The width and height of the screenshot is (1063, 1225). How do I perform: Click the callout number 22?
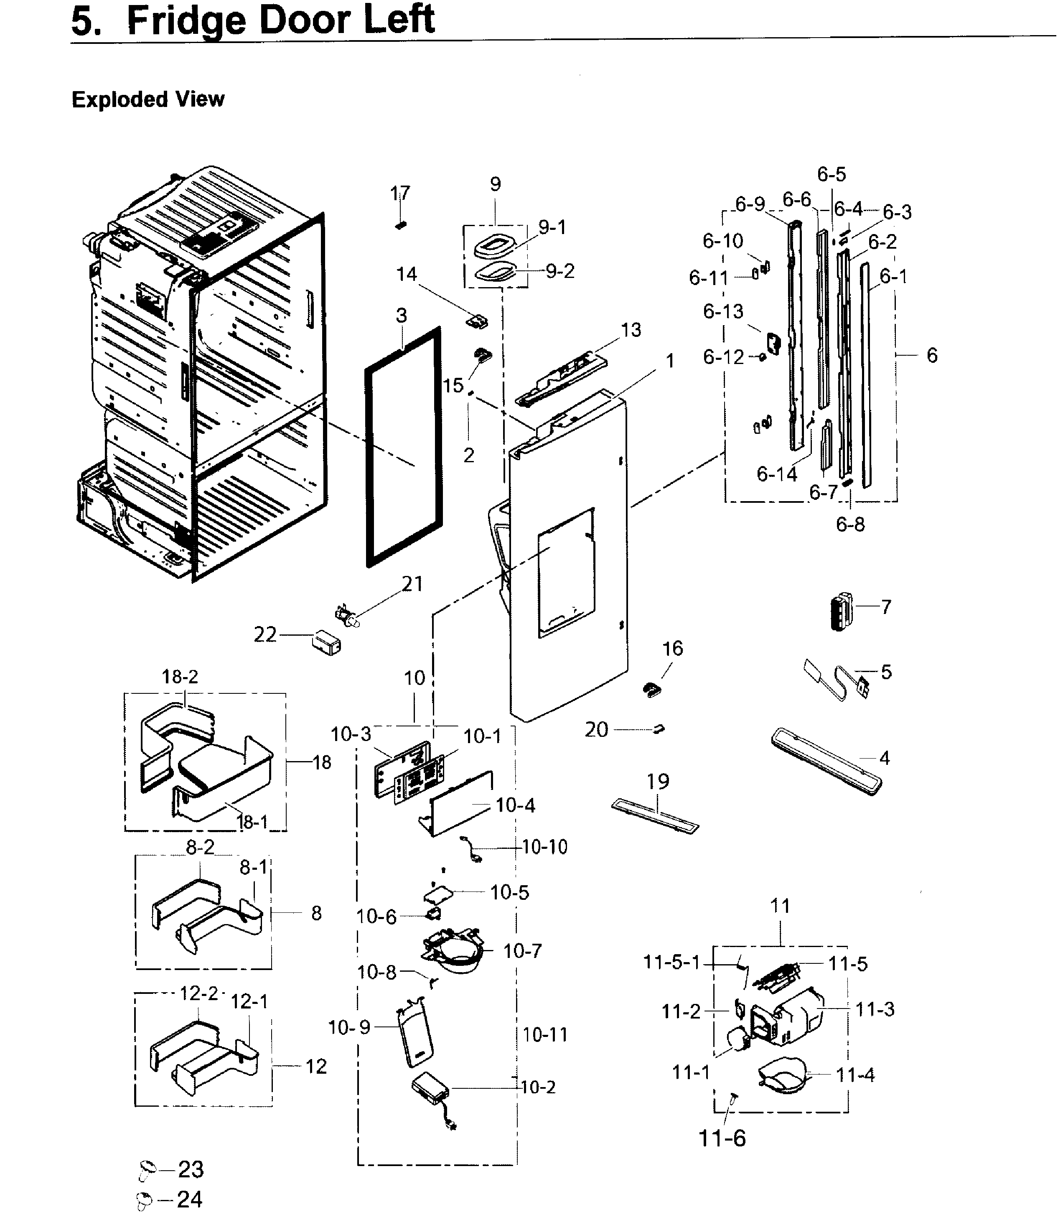(265, 635)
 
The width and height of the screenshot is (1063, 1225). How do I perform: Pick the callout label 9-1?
(552, 227)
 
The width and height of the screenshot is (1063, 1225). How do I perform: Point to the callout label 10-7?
(522, 951)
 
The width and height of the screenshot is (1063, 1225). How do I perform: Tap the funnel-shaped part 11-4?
(783, 1075)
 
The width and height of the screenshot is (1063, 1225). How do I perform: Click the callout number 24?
(190, 1199)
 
